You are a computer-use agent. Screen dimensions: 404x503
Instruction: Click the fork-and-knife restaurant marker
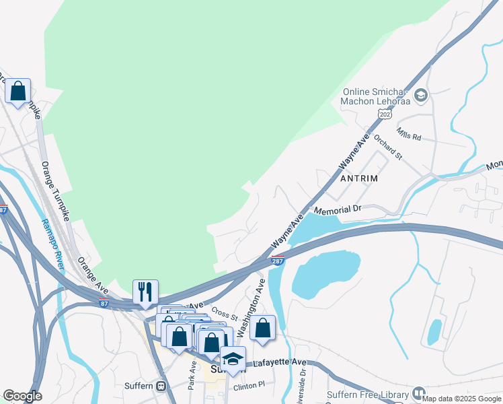tap(145, 292)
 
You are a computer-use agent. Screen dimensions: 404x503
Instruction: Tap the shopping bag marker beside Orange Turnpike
tap(17, 90)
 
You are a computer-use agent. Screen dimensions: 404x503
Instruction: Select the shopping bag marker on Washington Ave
tap(263, 328)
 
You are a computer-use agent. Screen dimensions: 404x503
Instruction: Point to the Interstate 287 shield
tap(278, 259)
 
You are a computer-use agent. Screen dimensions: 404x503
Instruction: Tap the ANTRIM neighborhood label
tap(359, 178)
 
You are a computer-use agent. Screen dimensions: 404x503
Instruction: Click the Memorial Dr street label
tap(338, 210)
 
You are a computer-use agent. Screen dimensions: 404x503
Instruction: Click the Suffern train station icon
tap(161, 386)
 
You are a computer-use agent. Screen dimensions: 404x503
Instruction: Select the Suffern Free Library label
tap(367, 395)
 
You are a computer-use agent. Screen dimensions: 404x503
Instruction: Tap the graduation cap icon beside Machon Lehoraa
tap(422, 96)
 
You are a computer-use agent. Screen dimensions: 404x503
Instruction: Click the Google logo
tap(22, 396)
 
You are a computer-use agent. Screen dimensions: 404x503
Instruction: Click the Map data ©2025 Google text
tap(461, 399)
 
